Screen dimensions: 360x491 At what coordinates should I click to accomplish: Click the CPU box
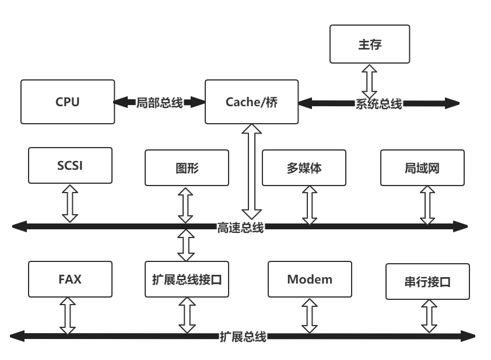tap(67, 102)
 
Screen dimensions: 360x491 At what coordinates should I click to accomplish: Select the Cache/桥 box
tap(251, 102)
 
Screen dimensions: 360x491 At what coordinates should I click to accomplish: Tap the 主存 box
tap(370, 44)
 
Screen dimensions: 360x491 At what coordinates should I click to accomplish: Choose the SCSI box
tap(70, 166)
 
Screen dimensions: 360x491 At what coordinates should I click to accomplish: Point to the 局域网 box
tap(422, 168)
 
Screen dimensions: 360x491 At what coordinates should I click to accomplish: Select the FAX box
tap(70, 279)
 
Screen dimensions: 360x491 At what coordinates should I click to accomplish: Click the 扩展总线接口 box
tap(185, 279)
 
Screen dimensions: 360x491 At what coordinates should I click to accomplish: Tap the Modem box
tap(310, 279)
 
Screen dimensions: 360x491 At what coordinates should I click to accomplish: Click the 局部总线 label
tap(160, 103)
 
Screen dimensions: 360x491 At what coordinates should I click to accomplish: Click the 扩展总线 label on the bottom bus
tap(243, 337)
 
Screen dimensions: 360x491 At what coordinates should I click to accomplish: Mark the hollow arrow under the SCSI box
tap(70, 203)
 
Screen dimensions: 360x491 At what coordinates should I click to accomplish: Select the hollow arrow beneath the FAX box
tap(68, 316)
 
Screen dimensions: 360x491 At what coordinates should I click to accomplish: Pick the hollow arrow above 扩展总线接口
tap(185, 244)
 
